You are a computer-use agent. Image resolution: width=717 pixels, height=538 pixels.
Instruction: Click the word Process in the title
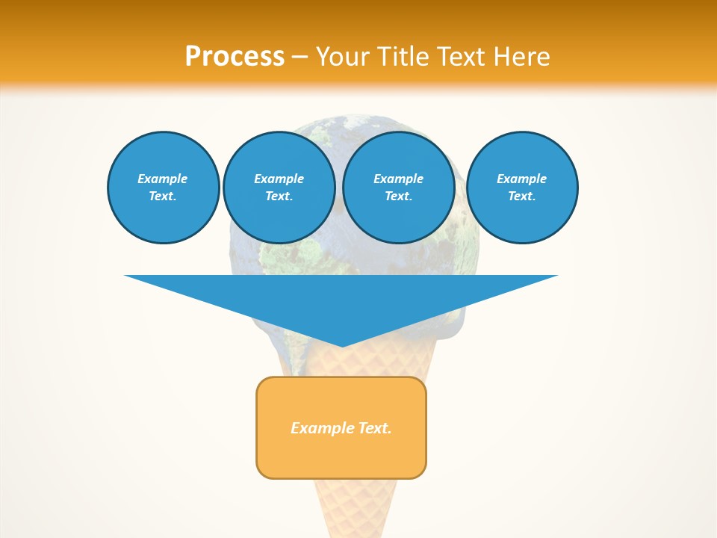(235, 57)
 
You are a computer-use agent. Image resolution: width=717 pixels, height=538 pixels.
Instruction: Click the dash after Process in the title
(300, 58)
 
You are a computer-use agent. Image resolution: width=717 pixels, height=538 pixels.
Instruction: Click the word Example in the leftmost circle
(163, 179)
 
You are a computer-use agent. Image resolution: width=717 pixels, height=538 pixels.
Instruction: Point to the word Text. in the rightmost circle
(522, 196)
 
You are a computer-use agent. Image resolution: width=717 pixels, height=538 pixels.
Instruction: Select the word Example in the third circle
(398, 179)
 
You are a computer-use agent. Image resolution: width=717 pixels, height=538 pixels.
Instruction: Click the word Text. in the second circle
(279, 196)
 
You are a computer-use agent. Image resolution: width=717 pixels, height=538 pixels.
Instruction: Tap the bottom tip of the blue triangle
(341, 344)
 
